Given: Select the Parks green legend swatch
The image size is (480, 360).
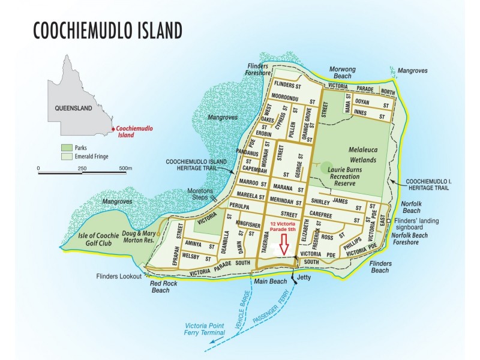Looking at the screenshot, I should [x=66, y=148].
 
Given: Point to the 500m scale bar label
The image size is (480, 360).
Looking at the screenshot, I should [x=125, y=169].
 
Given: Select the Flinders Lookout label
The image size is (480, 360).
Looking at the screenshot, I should [x=119, y=277].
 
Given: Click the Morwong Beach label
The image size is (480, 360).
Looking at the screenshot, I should [x=346, y=73].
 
